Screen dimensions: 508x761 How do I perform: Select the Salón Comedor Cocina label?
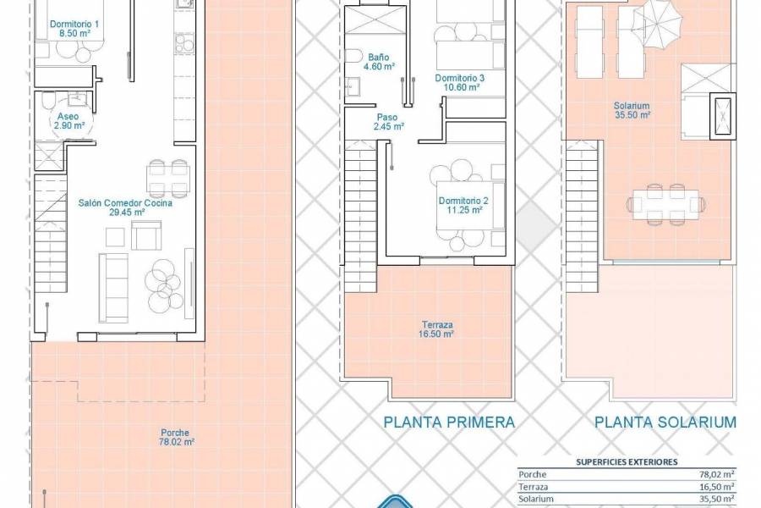[x=125, y=208]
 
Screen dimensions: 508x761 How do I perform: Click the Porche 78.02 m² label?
[x=177, y=436]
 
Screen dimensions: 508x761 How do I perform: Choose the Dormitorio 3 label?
[x=458, y=82]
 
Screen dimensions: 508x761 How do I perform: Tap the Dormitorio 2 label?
[x=463, y=206]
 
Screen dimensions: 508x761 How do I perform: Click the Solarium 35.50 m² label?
[x=632, y=111]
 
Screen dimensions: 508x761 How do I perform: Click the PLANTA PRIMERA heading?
[x=449, y=422]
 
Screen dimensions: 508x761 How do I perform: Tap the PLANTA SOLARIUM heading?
[x=665, y=422]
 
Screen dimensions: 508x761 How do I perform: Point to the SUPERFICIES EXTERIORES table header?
[x=626, y=462]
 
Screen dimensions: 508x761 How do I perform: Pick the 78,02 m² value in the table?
[x=713, y=476]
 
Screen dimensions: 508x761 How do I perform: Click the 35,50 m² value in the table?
[x=713, y=500]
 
